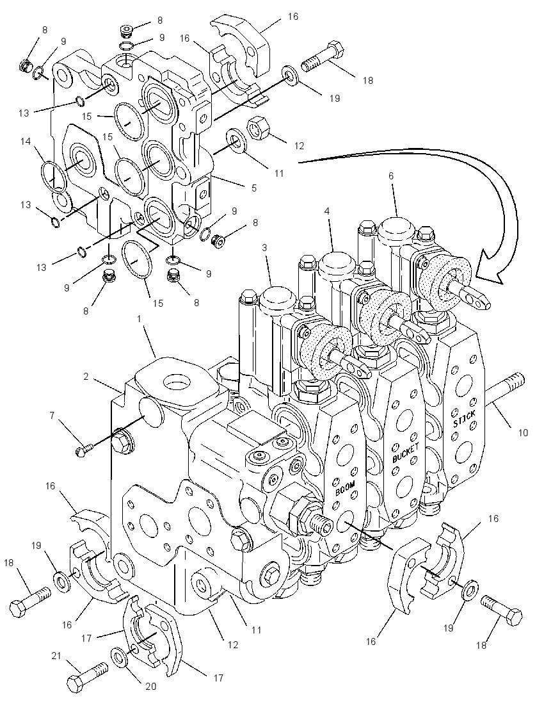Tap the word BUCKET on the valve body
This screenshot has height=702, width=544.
[405, 452]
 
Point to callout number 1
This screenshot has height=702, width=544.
[139, 319]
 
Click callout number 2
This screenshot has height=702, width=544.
[86, 377]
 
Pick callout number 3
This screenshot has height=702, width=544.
[264, 247]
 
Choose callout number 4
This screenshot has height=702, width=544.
[327, 211]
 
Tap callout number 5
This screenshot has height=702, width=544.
[254, 188]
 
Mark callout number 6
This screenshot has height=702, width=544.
[391, 176]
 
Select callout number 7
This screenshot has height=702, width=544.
[52, 416]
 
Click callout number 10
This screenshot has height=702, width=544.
[523, 432]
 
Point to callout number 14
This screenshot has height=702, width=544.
[26, 142]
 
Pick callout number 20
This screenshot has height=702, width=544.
[151, 686]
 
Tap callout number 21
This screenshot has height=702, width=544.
[56, 656]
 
